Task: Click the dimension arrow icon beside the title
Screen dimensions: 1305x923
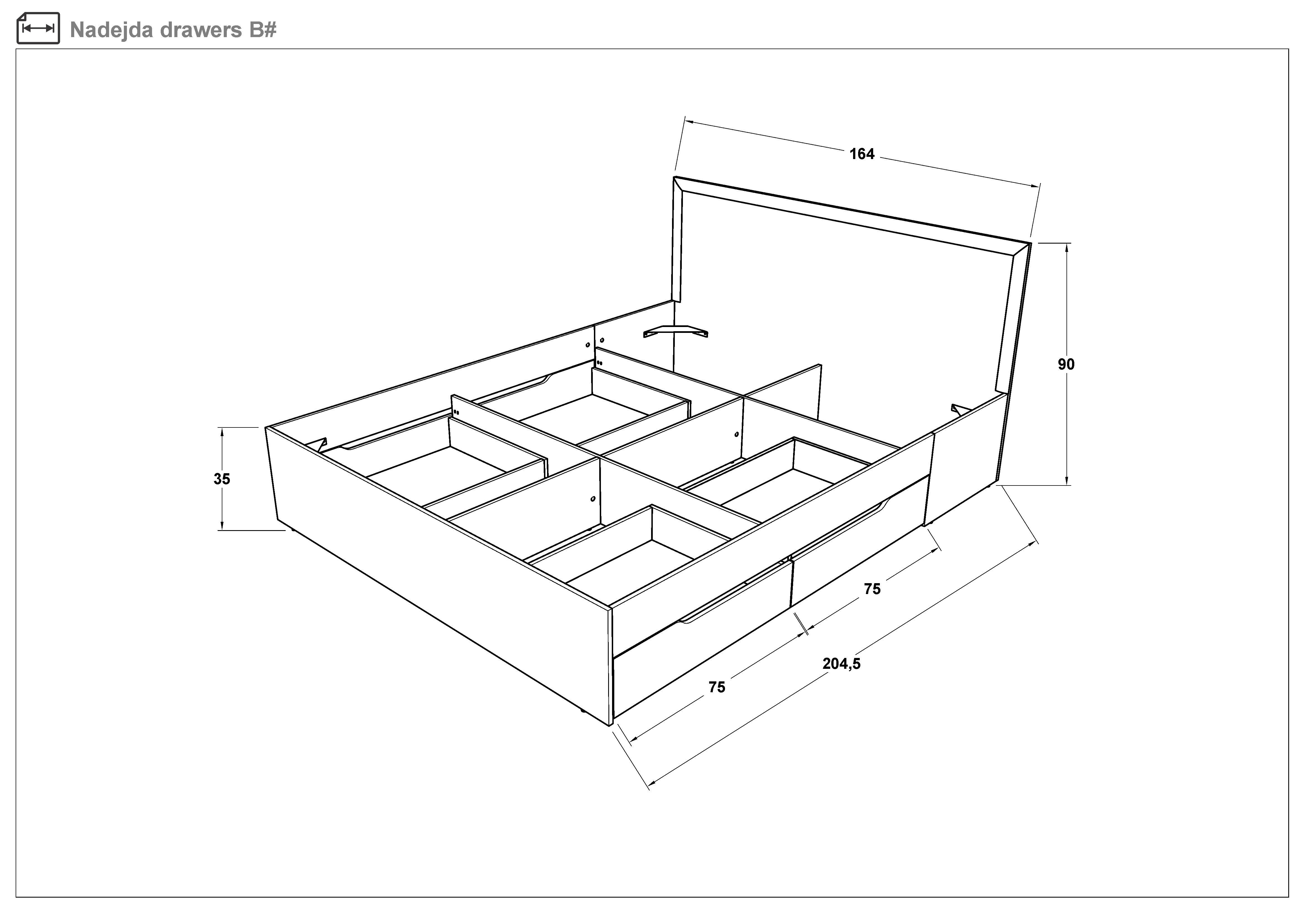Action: click(x=38, y=28)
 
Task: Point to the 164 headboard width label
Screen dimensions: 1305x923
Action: click(x=862, y=154)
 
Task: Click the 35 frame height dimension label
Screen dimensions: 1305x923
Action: click(x=222, y=479)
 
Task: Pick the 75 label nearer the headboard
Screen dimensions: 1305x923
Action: click(x=872, y=589)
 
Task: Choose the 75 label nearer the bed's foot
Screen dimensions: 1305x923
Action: click(x=717, y=687)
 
